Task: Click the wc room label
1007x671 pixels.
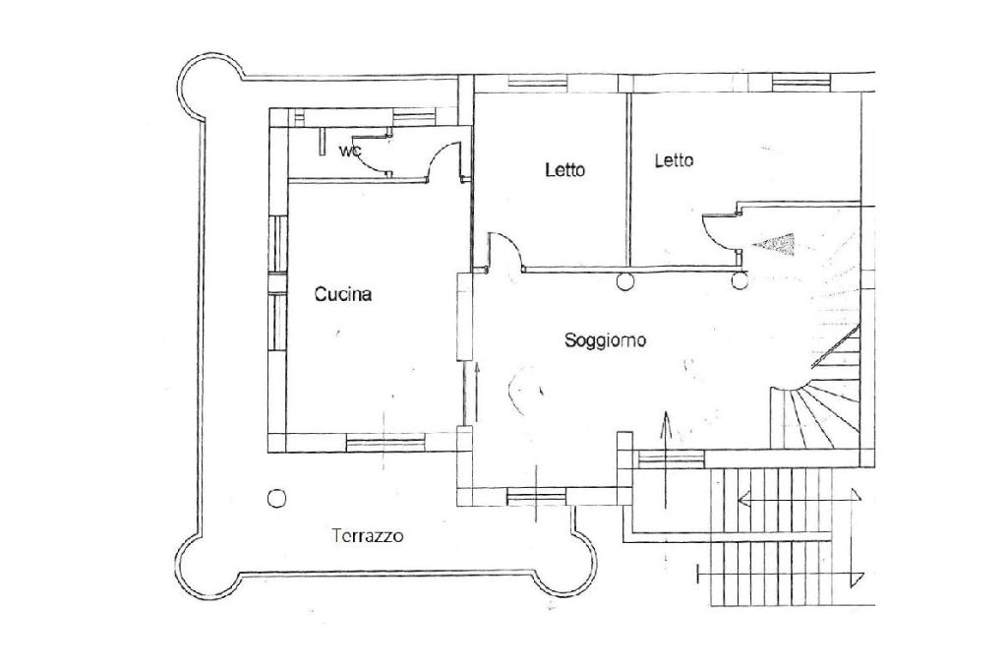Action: (x=349, y=151)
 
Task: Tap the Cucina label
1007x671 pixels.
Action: (x=343, y=293)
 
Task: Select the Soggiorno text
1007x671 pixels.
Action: (x=605, y=340)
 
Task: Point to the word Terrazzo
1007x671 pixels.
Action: (x=368, y=536)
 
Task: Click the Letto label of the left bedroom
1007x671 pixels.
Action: (x=564, y=169)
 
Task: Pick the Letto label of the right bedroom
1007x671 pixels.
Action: (x=674, y=159)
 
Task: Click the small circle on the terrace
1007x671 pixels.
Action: (x=277, y=498)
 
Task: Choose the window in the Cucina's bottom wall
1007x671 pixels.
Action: (x=385, y=442)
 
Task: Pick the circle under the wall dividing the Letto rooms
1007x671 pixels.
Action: (x=623, y=282)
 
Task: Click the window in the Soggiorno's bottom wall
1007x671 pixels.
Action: (x=536, y=497)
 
